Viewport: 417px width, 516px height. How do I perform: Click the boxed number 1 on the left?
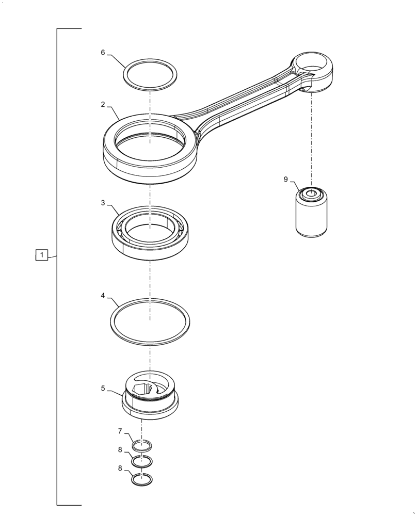42,255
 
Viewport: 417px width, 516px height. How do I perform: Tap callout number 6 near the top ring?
103,53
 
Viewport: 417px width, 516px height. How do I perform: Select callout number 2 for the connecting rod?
103,104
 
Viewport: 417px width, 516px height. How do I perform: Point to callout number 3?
103,203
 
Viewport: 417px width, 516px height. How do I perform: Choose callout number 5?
103,388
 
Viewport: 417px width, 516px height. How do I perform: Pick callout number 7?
120,431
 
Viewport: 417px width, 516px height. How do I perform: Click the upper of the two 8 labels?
120,449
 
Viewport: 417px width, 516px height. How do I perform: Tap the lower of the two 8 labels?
120,469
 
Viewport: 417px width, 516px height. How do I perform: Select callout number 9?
285,179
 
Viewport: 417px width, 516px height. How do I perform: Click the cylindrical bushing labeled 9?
311,217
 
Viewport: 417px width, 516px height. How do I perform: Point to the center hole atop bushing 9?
311,194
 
